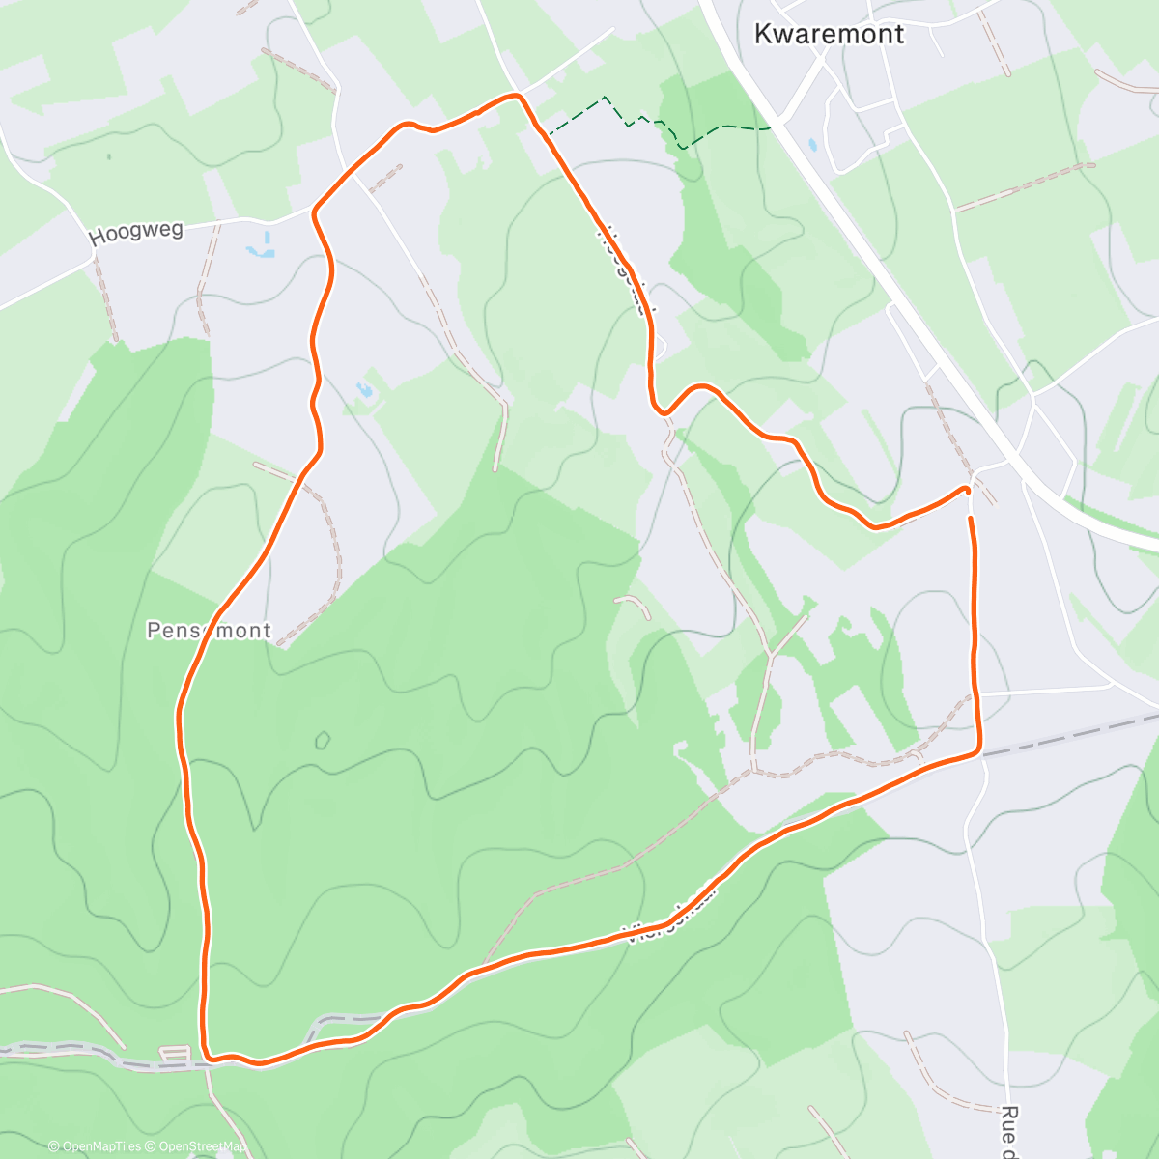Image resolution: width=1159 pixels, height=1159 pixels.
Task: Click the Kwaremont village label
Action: click(828, 34)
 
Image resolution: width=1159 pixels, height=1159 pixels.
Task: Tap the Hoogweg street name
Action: click(135, 233)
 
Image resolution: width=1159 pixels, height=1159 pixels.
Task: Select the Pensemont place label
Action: click(209, 631)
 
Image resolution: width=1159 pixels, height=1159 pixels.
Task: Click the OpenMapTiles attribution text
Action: click(94, 1146)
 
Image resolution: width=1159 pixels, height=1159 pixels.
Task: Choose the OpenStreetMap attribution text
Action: click(197, 1146)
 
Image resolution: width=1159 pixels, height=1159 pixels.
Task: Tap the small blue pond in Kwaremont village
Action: click(812, 145)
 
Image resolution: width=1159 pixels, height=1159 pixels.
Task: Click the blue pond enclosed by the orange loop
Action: click(364, 390)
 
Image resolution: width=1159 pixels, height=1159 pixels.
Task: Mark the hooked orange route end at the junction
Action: click(966, 490)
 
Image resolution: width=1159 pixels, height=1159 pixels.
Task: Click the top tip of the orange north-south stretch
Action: click(971, 520)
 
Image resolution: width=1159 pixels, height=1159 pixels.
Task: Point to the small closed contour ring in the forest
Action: click(322, 741)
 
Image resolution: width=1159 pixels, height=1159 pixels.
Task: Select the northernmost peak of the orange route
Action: click(518, 95)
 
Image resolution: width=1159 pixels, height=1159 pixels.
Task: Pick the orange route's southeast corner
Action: click(979, 749)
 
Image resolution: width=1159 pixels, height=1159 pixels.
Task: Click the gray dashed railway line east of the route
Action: click(1072, 733)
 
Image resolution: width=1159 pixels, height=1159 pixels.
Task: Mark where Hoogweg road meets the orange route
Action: click(316, 207)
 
